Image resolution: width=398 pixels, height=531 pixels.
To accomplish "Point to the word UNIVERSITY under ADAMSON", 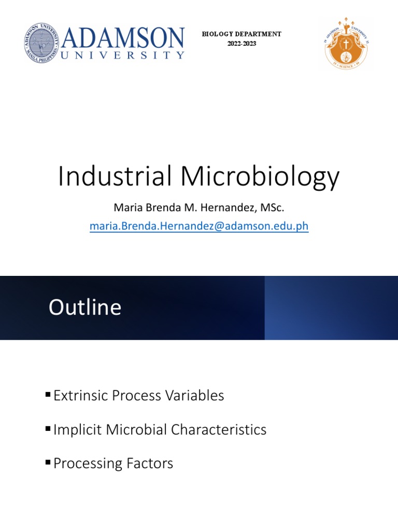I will [x=123, y=55].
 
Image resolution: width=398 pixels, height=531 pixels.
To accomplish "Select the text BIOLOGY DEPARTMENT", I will [x=241, y=34].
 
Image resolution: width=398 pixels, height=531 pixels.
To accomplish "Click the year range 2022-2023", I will [x=241, y=44].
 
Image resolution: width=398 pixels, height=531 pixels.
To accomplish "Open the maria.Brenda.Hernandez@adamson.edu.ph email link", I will [x=199, y=226].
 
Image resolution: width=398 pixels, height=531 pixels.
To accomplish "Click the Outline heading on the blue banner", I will [x=85, y=308].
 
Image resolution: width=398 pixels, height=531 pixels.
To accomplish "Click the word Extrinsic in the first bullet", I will [x=81, y=396].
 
